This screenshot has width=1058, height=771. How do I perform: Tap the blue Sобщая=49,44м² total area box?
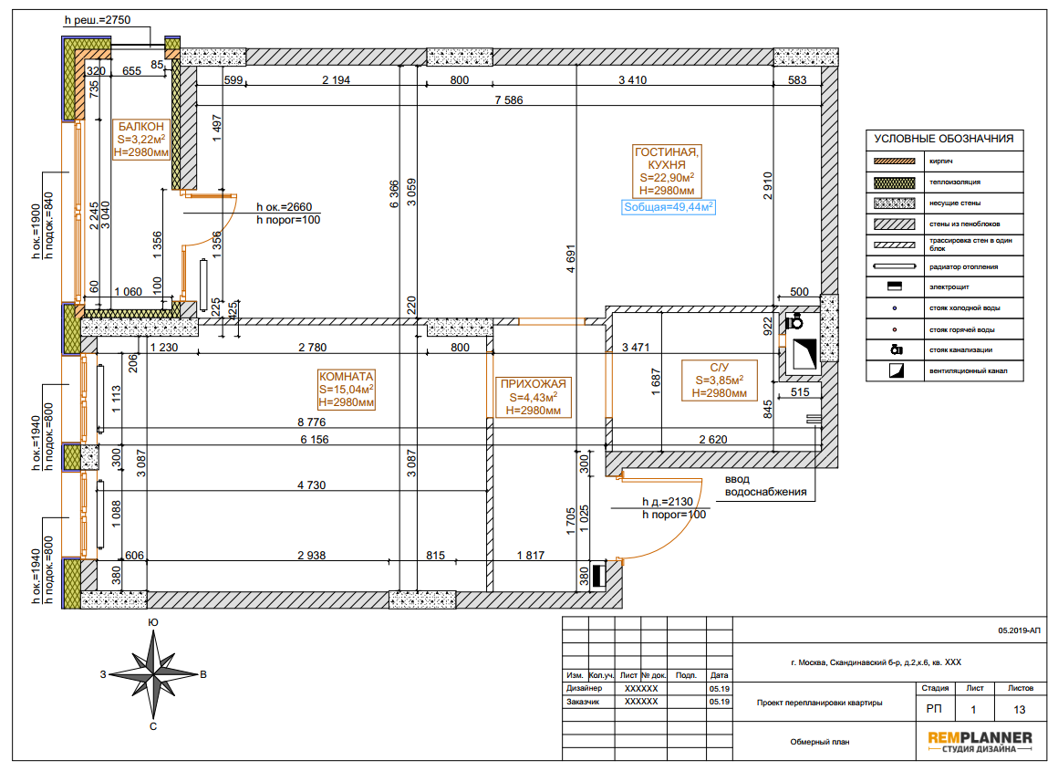tap(668, 207)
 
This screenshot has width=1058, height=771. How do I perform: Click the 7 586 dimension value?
tap(509, 100)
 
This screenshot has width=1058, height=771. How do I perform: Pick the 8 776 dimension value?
tap(312, 422)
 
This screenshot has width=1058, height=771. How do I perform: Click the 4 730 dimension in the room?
tap(312, 484)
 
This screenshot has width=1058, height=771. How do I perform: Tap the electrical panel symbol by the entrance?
tap(598, 575)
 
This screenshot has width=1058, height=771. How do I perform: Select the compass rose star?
tap(154, 674)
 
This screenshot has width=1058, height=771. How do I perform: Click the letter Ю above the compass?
tap(153, 622)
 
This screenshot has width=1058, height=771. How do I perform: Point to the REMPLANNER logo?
tap(980, 741)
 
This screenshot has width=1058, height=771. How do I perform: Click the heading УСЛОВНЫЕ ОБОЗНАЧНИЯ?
tap(944, 139)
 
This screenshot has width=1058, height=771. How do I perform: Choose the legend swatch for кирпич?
tap(895, 161)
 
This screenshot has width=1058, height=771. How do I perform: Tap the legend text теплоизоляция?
tap(955, 182)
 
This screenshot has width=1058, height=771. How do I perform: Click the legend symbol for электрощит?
tap(895, 287)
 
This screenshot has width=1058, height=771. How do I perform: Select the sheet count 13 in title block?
tap(1020, 710)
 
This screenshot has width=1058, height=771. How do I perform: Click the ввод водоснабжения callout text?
tap(766, 485)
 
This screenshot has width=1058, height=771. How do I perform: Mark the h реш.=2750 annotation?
tap(98, 20)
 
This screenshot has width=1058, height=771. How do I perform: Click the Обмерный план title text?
tap(820, 741)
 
